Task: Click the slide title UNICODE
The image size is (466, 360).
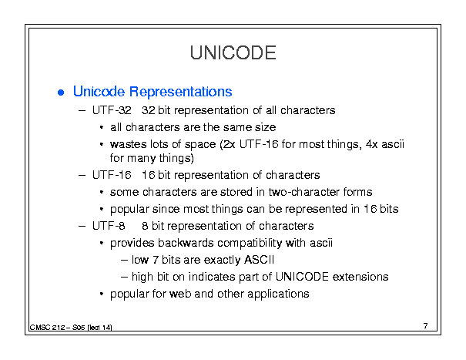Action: point(233,53)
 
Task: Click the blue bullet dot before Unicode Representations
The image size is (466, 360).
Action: point(61,93)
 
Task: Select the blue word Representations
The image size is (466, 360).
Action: point(181,91)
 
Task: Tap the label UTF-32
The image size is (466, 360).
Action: point(112,110)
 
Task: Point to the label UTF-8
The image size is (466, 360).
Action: point(109,226)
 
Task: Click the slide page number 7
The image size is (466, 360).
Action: point(426,326)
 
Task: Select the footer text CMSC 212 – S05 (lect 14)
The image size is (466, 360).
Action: point(71,328)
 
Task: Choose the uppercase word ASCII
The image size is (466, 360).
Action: point(259,260)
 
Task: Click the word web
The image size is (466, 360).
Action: point(180,294)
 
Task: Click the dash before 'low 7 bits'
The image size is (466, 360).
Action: point(125,261)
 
